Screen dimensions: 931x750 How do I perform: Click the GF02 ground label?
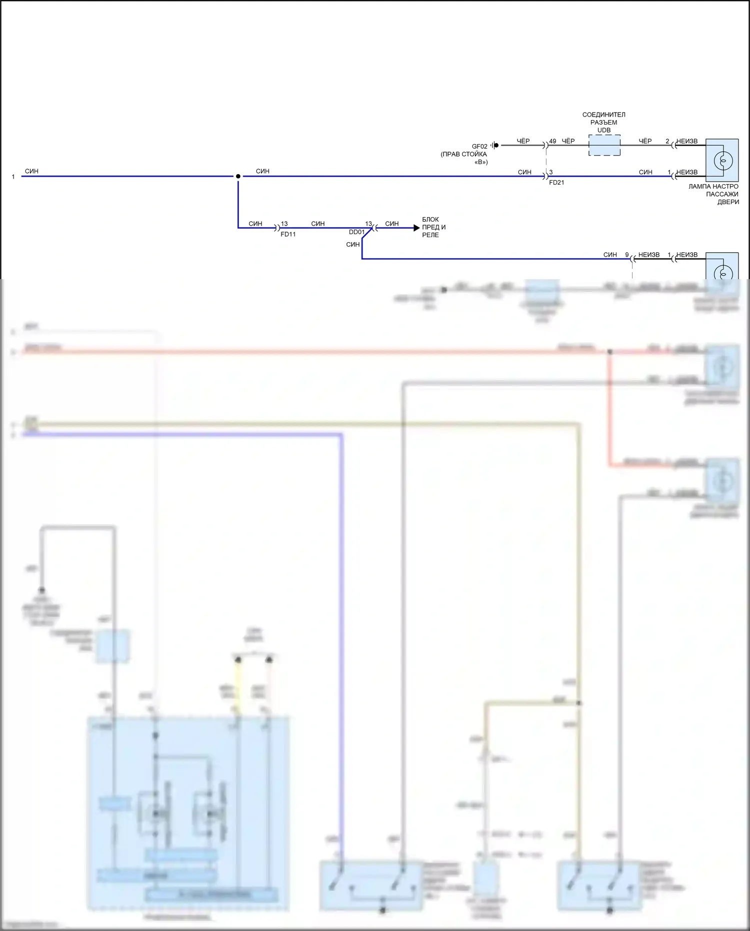click(479, 147)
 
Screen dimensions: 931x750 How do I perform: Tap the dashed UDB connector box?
click(604, 146)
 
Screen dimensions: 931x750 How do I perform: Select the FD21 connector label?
click(556, 183)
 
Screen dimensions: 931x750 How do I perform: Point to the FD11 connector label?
click(288, 234)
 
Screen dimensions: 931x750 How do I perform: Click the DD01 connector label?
click(356, 232)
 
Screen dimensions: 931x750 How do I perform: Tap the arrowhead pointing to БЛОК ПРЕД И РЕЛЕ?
click(416, 228)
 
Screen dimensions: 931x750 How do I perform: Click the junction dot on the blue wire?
click(238, 176)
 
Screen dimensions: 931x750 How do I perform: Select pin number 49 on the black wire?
click(552, 141)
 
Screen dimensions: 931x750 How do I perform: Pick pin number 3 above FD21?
click(551, 172)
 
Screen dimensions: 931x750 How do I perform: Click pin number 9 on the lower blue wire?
click(626, 255)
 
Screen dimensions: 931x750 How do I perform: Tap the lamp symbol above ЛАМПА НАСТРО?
click(722, 160)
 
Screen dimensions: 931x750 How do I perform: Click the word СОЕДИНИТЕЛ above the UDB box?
click(603, 115)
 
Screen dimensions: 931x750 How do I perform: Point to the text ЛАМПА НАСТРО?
click(713, 187)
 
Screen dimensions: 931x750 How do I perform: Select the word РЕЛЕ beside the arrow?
click(430, 235)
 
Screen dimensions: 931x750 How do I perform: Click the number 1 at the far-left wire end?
click(13, 177)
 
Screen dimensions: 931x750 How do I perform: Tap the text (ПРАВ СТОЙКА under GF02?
click(463, 154)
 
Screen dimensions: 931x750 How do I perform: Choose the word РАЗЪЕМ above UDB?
click(603, 123)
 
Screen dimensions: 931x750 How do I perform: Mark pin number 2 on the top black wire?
click(667, 141)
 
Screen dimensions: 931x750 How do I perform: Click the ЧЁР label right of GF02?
click(523, 141)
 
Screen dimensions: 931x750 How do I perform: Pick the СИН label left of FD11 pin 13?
click(255, 224)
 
